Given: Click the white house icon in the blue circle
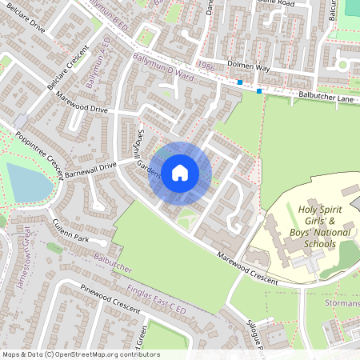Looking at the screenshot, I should [x=180, y=173].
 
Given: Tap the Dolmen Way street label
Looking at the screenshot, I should [x=250, y=70].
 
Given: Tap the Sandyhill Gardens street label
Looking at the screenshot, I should [x=142, y=154].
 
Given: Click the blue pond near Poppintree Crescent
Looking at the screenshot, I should [x=28, y=182].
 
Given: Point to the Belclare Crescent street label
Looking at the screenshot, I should [x=66, y=73].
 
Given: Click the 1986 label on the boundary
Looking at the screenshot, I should [x=206, y=68].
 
